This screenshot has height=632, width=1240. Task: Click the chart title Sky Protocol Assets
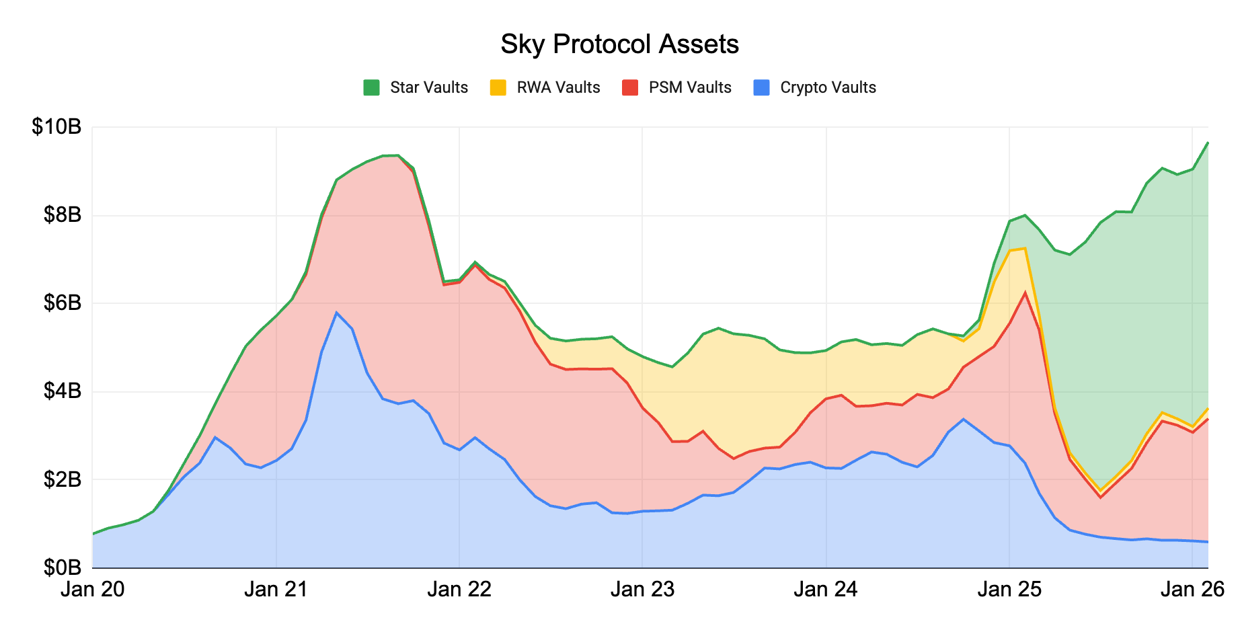pos(619,44)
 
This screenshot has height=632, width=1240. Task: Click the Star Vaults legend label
pos(429,87)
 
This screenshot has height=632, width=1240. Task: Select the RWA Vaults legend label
pos(558,87)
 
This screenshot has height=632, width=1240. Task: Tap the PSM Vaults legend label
pos(690,87)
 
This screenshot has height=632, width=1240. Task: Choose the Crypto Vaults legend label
pos(828,87)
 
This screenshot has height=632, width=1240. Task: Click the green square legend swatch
pos(371,87)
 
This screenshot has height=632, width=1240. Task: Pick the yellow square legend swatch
pos(498,87)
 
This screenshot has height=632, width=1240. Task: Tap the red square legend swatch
pos(630,87)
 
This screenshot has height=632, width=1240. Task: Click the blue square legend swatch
pos(761,87)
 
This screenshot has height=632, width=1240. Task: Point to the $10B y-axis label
pos(56,126)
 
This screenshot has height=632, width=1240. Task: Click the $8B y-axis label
pos(62,215)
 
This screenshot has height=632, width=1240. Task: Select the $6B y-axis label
pos(62,303)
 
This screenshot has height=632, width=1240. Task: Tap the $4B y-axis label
pos(62,391)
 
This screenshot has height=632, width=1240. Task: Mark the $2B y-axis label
pos(62,480)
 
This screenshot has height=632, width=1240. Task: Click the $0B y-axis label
pos(62,568)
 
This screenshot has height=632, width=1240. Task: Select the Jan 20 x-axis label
pos(93,590)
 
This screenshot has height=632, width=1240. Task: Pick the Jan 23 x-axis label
pos(642,590)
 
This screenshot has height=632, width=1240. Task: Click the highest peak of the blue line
pos(336,312)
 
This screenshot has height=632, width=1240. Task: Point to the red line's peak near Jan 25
pos(1025,292)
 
